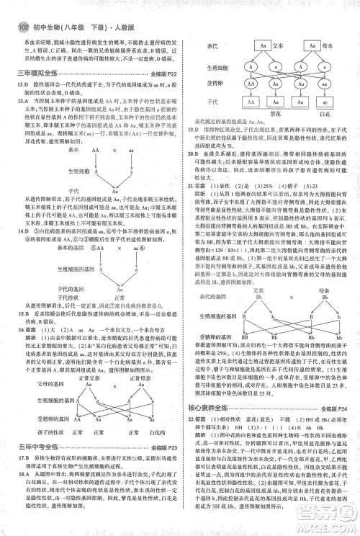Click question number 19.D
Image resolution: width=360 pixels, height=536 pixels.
tap(191, 129)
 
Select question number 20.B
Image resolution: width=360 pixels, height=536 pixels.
tap(191, 153)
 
